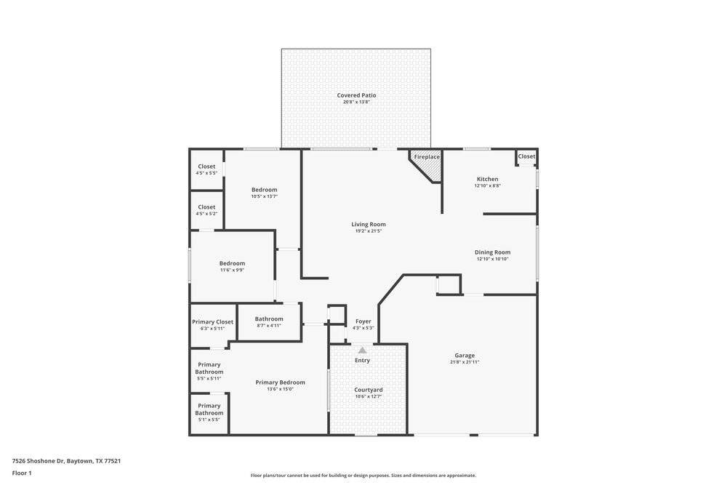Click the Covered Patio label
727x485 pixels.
click(x=356, y=95)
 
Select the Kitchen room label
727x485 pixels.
click(x=488, y=179)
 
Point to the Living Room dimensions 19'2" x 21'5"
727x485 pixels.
click(x=369, y=231)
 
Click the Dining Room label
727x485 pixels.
click(x=492, y=252)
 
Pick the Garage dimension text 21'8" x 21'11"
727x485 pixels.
click(x=465, y=362)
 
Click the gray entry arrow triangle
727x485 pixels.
click(x=362, y=350)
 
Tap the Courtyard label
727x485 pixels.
click(x=369, y=390)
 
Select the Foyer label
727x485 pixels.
click(x=363, y=321)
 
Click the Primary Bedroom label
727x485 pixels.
click(x=281, y=382)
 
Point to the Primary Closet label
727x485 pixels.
click(x=213, y=322)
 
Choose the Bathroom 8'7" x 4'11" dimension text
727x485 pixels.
click(x=269, y=326)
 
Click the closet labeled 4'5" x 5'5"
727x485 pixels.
click(x=206, y=173)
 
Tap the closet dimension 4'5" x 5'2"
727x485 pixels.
click(x=206, y=214)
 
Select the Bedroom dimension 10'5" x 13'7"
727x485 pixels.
click(x=265, y=196)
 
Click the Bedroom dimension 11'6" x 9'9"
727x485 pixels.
click(x=233, y=270)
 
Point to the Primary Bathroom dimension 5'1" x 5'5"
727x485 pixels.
click(x=209, y=420)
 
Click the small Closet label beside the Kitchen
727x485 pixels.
click(x=526, y=156)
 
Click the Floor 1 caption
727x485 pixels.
click(x=22, y=473)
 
